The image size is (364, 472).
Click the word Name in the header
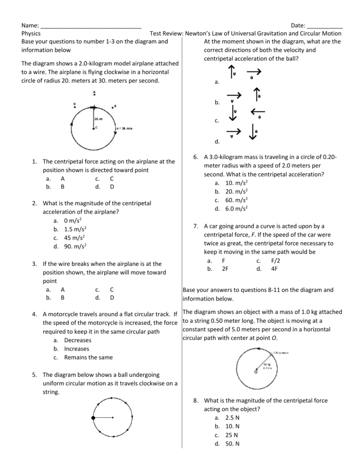click(x=30, y=25)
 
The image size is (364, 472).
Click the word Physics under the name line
click(x=31, y=33)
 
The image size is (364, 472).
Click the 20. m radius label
click(x=99, y=119)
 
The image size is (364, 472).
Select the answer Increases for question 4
click(x=79, y=349)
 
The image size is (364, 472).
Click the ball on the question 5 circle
click(x=94, y=417)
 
